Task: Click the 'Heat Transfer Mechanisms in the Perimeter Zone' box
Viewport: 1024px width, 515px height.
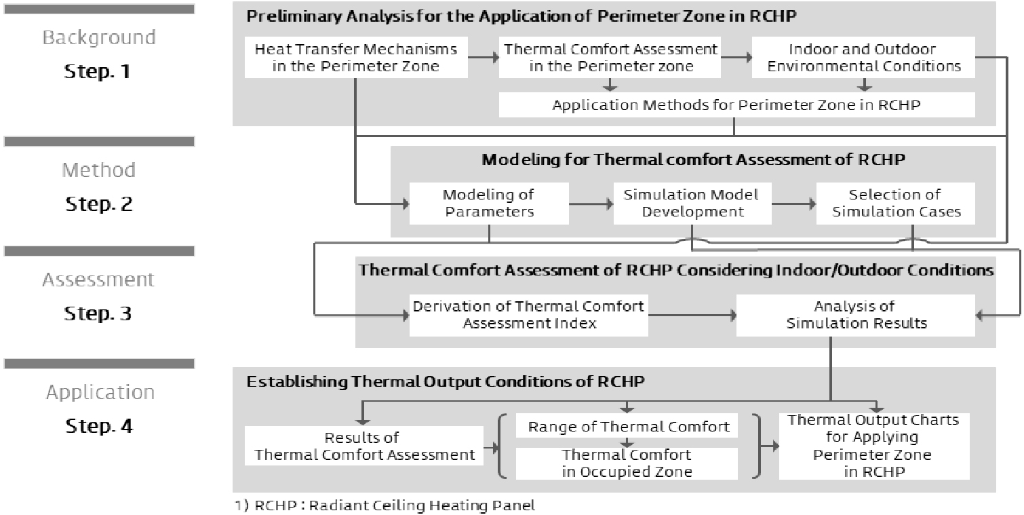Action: click(356, 57)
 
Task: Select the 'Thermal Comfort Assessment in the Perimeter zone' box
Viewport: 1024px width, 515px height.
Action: click(610, 57)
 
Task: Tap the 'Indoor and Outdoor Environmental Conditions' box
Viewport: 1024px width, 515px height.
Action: click(863, 57)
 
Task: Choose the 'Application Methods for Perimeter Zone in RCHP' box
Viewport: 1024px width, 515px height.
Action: click(737, 104)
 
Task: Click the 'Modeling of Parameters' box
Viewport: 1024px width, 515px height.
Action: click(489, 204)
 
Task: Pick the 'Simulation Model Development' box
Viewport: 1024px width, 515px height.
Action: click(692, 204)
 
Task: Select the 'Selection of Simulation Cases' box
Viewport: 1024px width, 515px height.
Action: click(896, 204)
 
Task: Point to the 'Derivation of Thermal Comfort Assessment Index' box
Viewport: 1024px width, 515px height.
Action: click(528, 315)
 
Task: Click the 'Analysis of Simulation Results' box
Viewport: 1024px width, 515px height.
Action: click(856, 315)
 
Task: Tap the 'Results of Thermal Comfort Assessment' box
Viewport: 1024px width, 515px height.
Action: click(364, 446)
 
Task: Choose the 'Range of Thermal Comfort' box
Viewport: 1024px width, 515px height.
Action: click(627, 426)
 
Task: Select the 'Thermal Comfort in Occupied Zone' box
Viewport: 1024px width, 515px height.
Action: click(627, 463)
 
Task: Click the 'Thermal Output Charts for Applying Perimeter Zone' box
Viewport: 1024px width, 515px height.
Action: click(874, 446)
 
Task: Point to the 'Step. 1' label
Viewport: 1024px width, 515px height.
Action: click(98, 71)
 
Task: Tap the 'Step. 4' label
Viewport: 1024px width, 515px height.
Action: click(99, 426)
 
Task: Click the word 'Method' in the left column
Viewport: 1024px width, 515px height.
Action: click(99, 170)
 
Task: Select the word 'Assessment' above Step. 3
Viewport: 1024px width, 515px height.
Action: click(98, 280)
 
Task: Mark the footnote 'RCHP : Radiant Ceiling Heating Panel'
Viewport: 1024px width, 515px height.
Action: click(395, 505)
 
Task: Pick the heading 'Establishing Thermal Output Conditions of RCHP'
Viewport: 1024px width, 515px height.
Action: click(446, 381)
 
